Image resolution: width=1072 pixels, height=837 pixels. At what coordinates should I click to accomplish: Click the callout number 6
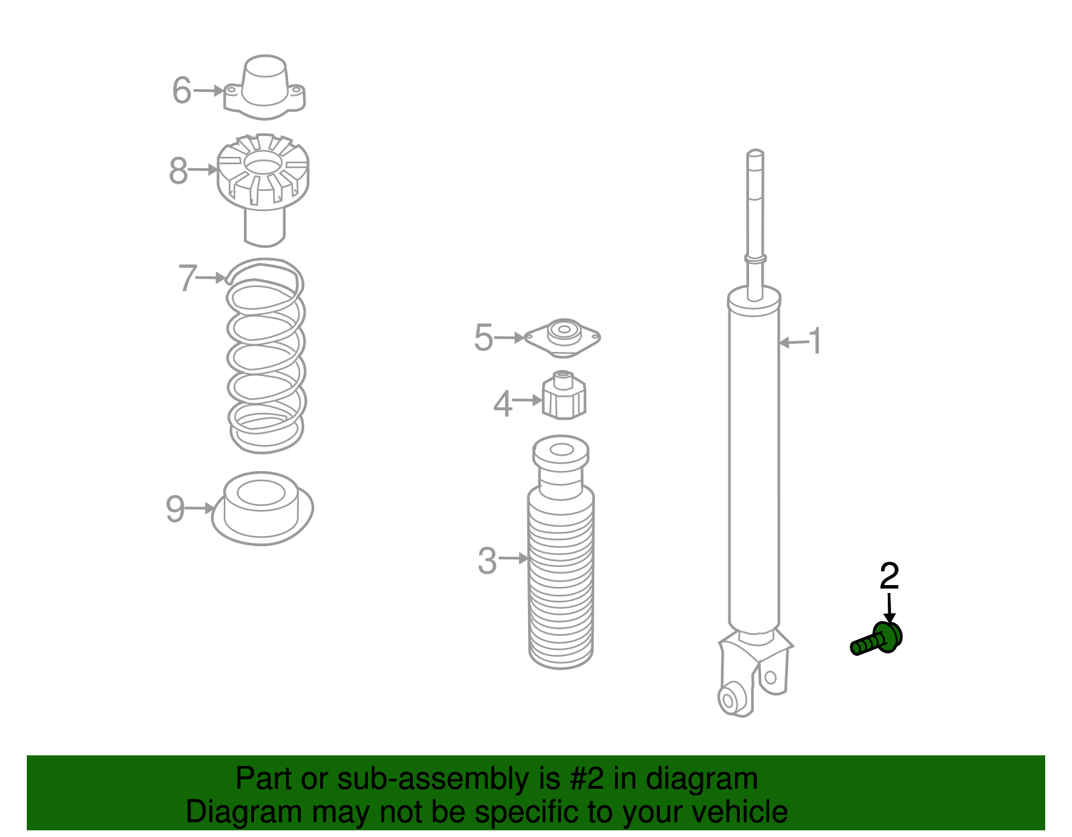(182, 90)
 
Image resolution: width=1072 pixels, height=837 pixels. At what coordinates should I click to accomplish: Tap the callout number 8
(178, 171)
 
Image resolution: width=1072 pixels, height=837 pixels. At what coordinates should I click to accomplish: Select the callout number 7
(188, 277)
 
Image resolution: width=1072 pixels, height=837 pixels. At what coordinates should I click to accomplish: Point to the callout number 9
(175, 509)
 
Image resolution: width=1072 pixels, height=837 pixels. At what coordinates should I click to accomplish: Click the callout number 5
(484, 338)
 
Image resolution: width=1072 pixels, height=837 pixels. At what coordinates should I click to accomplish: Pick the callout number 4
(503, 404)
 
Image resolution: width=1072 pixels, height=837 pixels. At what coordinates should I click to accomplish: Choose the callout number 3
(487, 561)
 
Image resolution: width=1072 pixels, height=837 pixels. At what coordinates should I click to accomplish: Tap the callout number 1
(815, 341)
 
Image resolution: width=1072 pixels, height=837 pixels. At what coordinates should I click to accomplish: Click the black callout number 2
(890, 576)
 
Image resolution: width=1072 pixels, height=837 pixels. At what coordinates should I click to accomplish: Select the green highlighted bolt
(877, 639)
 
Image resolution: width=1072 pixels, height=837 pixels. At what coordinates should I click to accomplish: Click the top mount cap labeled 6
(265, 87)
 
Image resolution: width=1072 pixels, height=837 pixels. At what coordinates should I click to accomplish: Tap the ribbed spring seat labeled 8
(263, 190)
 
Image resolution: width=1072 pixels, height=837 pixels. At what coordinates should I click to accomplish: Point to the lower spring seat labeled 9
(263, 509)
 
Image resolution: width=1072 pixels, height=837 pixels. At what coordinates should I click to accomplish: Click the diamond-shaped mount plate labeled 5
(562, 338)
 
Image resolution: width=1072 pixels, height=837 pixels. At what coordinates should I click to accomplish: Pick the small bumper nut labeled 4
(564, 395)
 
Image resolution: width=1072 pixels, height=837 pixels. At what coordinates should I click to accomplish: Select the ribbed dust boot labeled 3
(561, 552)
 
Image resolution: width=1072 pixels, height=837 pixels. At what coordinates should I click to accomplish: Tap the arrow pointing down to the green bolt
(889, 608)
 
